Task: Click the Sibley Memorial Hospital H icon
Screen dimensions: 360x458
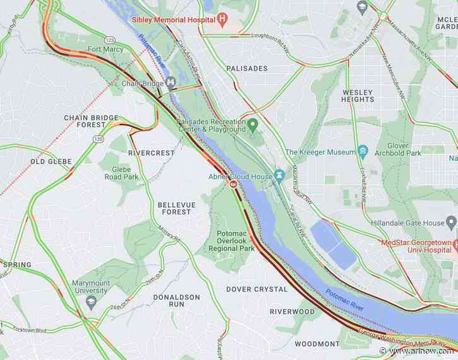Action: click(222, 19)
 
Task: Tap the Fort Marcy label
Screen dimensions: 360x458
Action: click(105, 49)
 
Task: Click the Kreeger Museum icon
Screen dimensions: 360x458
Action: click(363, 152)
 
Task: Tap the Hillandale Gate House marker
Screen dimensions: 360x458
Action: click(450, 222)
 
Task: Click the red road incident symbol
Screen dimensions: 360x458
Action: click(234, 185)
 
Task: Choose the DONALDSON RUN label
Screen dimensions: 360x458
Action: click(176, 300)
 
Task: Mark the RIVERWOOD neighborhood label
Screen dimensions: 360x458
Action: click(291, 311)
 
